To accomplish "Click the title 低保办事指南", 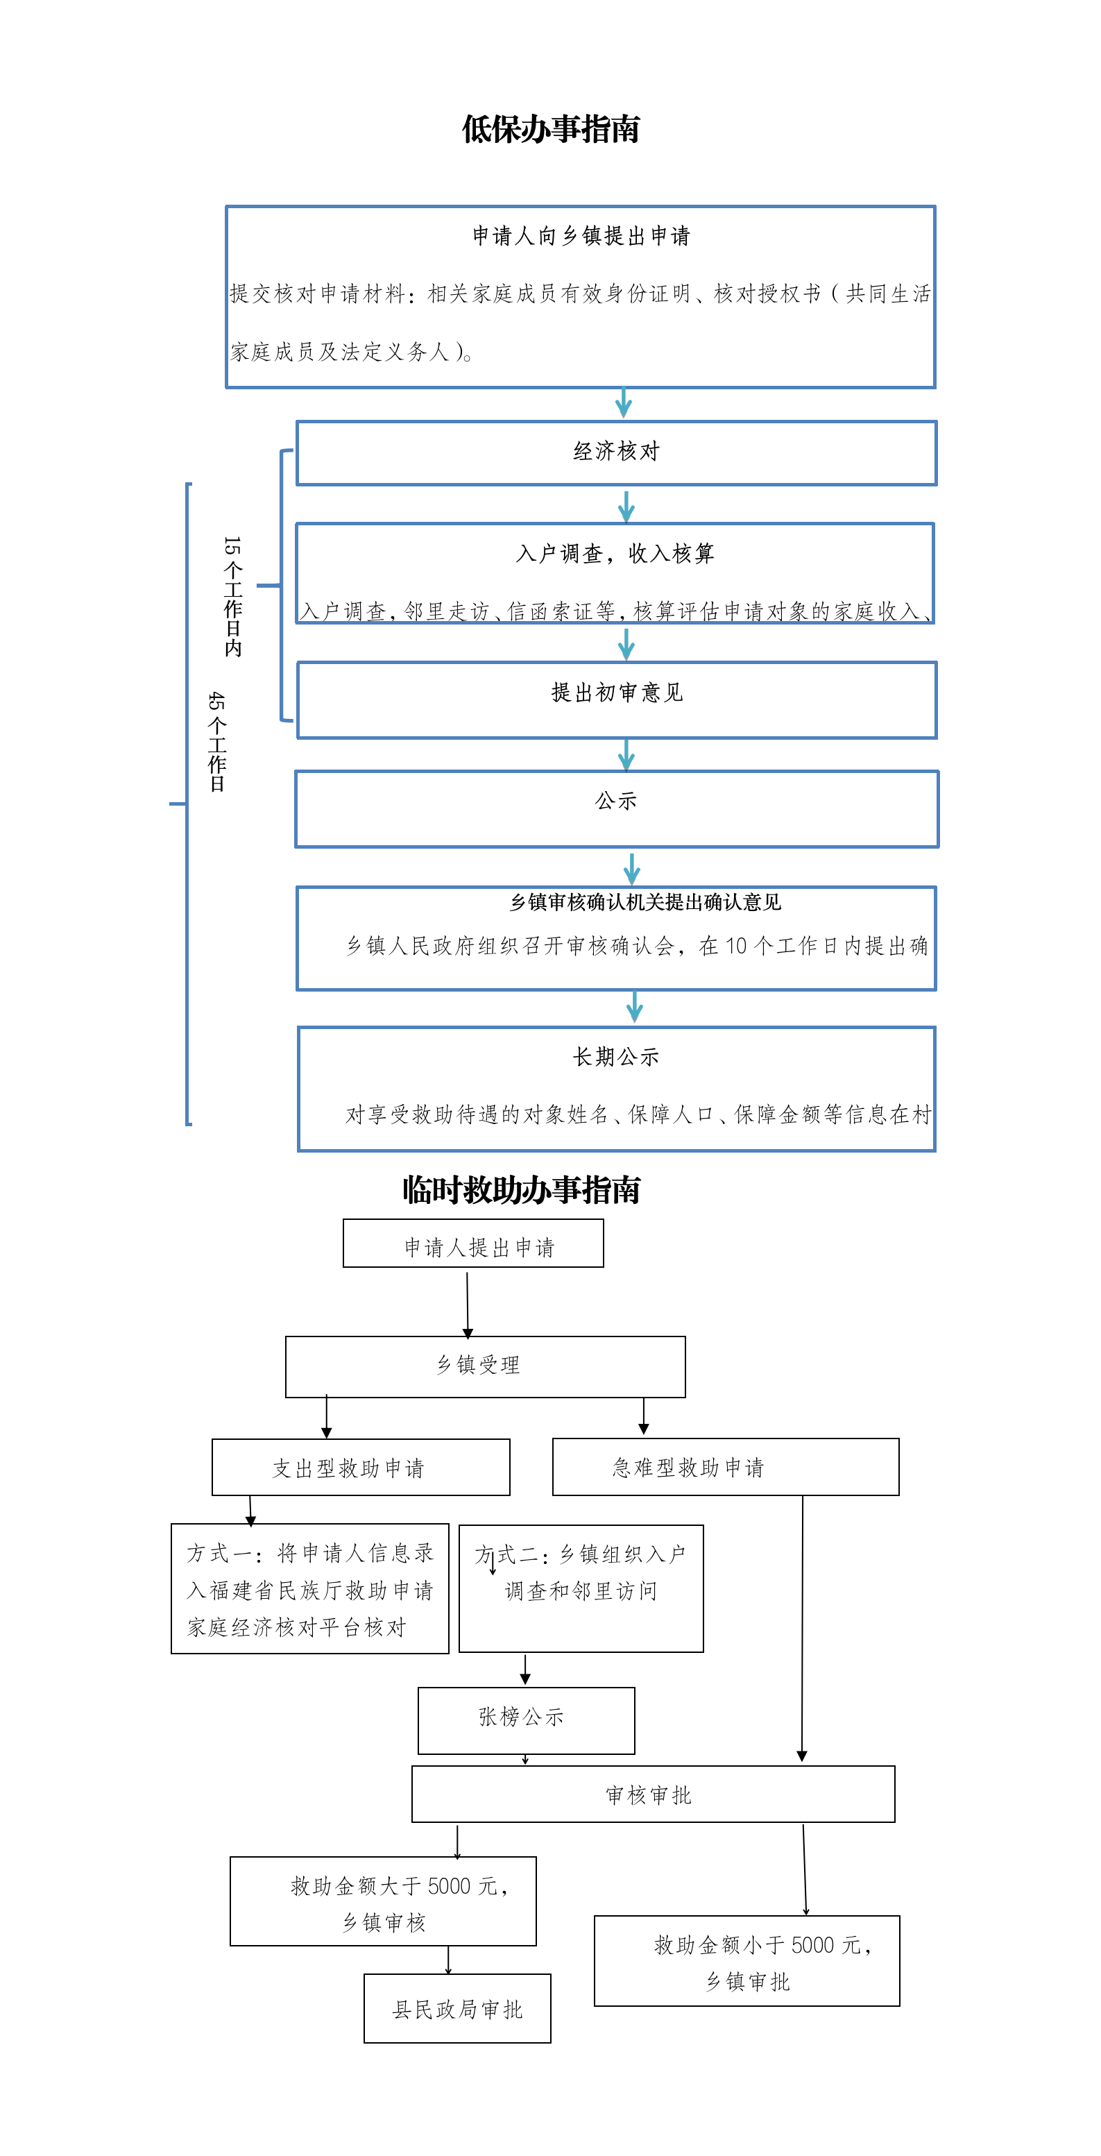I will pyautogui.click(x=551, y=130).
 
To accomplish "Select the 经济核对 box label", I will pyautogui.click(x=617, y=452).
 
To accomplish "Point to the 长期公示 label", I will pyautogui.click(x=616, y=1057).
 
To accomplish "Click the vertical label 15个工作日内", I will pyautogui.click(x=232, y=596).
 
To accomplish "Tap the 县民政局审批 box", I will pyautogui.click(x=456, y=2010).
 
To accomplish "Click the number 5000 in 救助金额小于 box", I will pyautogui.click(x=812, y=1945).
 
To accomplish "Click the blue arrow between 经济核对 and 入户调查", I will pyautogui.click(x=626, y=507).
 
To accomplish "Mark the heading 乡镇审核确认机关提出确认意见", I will pyautogui.click(x=645, y=902).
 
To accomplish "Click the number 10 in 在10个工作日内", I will pyautogui.click(x=736, y=947).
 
